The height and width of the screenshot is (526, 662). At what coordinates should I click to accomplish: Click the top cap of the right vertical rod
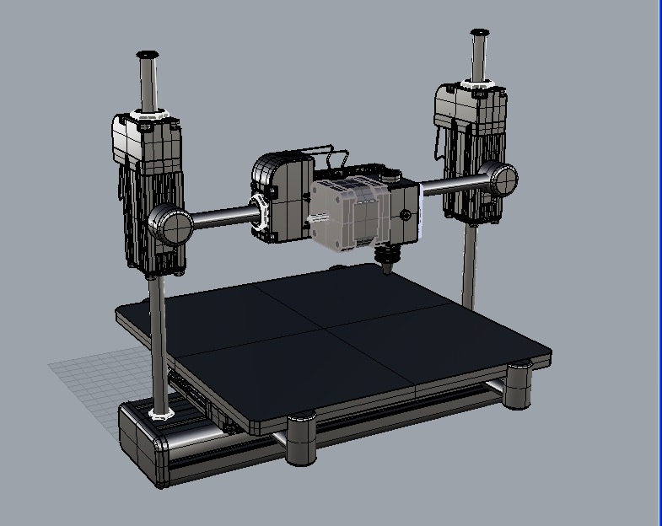481,33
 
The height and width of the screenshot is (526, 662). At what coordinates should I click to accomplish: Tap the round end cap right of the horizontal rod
503,179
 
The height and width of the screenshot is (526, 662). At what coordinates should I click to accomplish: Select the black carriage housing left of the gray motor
281,197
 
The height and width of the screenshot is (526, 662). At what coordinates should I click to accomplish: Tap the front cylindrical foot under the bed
302,438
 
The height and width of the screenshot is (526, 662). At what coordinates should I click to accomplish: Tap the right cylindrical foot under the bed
519,386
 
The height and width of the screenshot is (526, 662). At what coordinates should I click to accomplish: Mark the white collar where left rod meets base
160,413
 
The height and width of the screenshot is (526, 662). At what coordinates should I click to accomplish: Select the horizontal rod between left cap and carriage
223,219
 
